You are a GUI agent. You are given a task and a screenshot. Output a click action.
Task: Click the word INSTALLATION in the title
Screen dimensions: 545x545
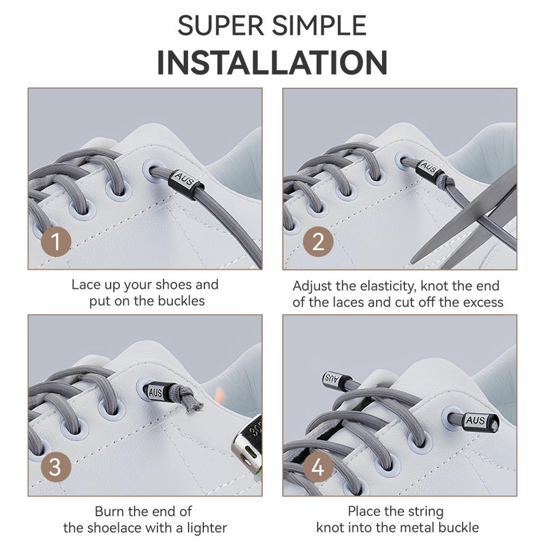coord(272,63)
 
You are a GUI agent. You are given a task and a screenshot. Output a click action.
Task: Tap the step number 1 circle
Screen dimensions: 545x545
coord(56,242)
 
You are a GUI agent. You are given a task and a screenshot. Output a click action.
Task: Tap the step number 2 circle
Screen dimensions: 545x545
coord(318,242)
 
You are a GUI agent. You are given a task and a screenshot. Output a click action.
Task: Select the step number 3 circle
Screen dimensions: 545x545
coord(56,467)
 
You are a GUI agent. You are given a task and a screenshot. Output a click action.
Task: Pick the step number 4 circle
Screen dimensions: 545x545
coord(318,467)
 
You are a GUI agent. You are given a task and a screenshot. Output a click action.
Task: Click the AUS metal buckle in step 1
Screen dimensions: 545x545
coord(185,181)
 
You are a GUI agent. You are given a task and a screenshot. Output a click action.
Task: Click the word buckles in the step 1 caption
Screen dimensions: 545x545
coord(181,300)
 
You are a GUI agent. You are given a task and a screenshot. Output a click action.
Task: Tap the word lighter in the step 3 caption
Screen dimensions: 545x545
coord(207,528)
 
